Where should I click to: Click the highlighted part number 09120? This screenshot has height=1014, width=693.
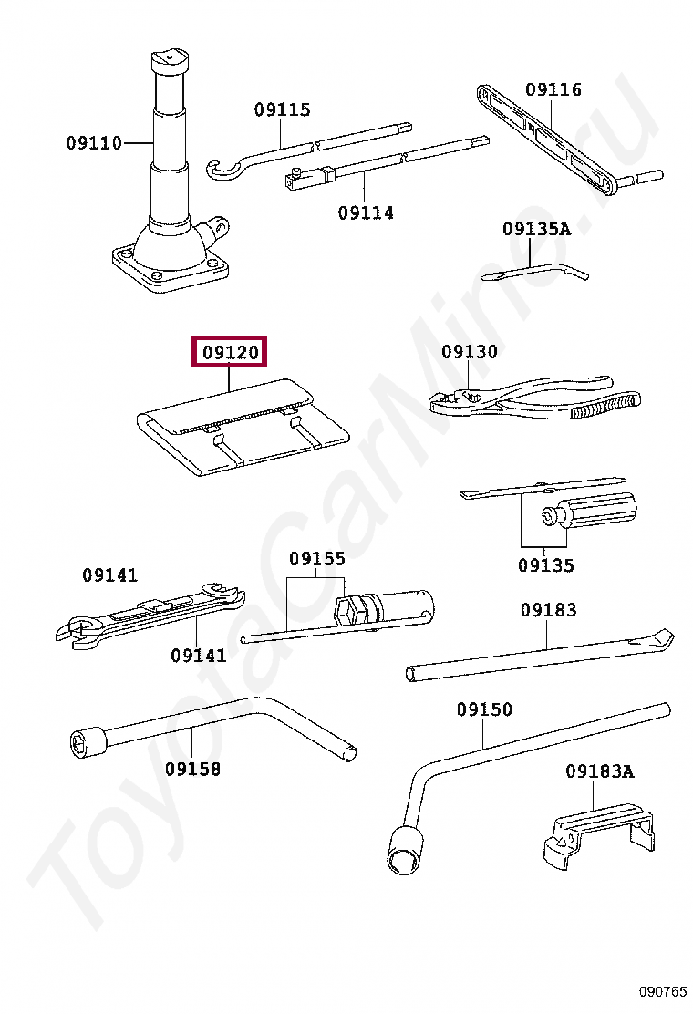pos(229,352)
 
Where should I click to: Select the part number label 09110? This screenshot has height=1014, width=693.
pos(94,143)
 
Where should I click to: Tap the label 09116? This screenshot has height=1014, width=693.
pos(553,90)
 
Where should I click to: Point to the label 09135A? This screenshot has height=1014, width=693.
pos(536,230)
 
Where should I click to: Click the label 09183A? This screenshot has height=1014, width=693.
pos(598,771)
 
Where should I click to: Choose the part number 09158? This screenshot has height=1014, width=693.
pos(192,769)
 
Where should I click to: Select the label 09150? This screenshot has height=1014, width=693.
pos(484,709)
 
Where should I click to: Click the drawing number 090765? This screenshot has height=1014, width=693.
pos(662,991)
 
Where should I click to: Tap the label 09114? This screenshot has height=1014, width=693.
pos(366,213)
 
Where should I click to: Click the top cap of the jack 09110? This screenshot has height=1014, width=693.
pos(170,59)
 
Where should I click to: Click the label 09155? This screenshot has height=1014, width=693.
pos(316,559)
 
